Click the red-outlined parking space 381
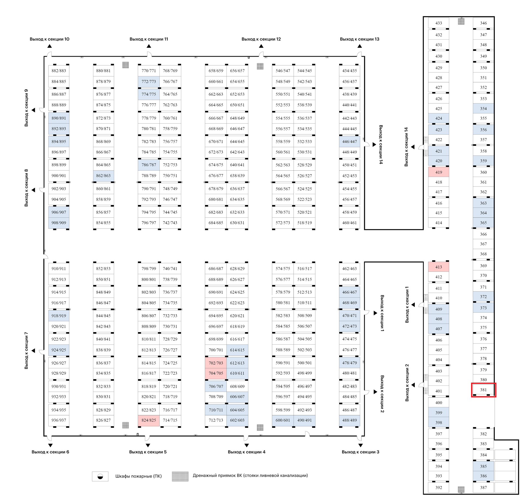pos(483,390)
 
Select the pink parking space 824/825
pos(149,420)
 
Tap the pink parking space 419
pos(439,172)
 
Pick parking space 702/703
pos(216,363)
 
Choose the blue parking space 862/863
pos(103,176)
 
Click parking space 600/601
pos(283,420)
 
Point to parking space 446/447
pos(350,142)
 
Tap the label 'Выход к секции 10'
pos(49,39)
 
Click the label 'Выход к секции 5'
pos(148,452)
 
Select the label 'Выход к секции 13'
pos(359,39)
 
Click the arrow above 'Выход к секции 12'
pos(261,46)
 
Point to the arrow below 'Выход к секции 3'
pos(361,445)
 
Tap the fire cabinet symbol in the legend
pos(100,476)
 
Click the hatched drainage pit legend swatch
pos(180,476)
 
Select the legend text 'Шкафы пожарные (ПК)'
pos(138,476)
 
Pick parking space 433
pos(439,23)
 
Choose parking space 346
pos(483,23)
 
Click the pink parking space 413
pos(439,267)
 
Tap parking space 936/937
pos(59,420)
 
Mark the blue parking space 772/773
pos(149,82)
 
